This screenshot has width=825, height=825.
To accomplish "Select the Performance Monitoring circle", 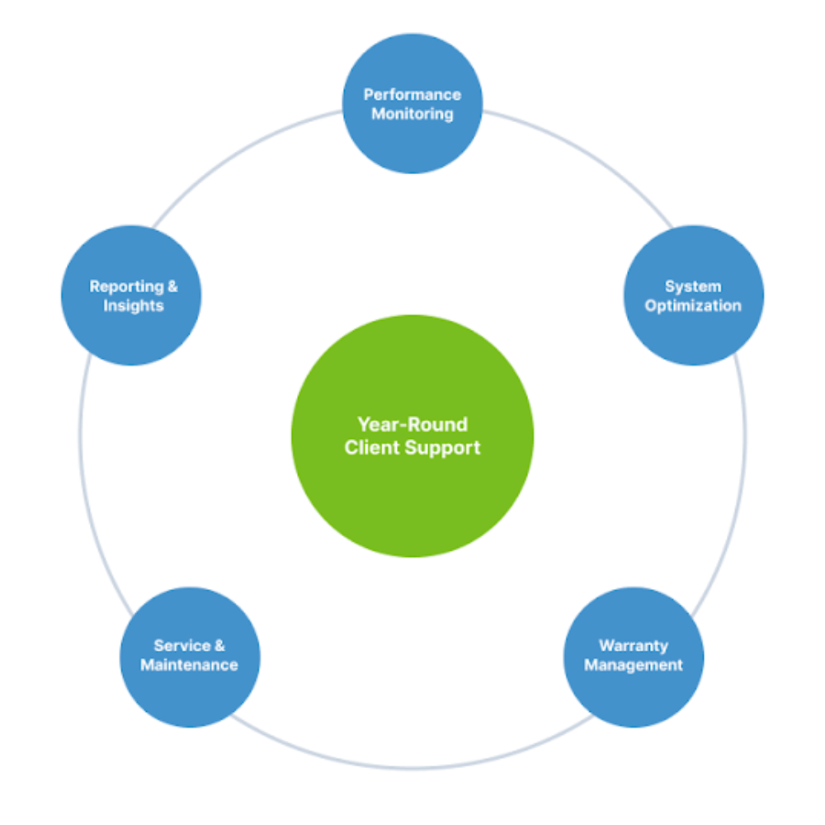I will coord(412,140).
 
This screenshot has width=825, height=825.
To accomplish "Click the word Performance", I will coord(412,95).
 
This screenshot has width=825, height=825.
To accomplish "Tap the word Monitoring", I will coord(412,114).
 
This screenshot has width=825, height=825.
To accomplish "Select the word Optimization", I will coord(693,306).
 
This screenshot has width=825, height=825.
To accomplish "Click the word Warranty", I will coord(634,645).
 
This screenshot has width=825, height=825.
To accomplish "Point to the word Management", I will coord(634,665).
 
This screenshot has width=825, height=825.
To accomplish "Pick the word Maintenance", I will coord(190,665).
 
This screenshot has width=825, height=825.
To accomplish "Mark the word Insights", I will coord(134,306).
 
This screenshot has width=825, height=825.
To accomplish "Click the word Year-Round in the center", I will coord(412,425).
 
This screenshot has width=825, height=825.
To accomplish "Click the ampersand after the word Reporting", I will coord(172,287).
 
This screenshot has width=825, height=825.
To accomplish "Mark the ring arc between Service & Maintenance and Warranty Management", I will coord(412,768).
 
